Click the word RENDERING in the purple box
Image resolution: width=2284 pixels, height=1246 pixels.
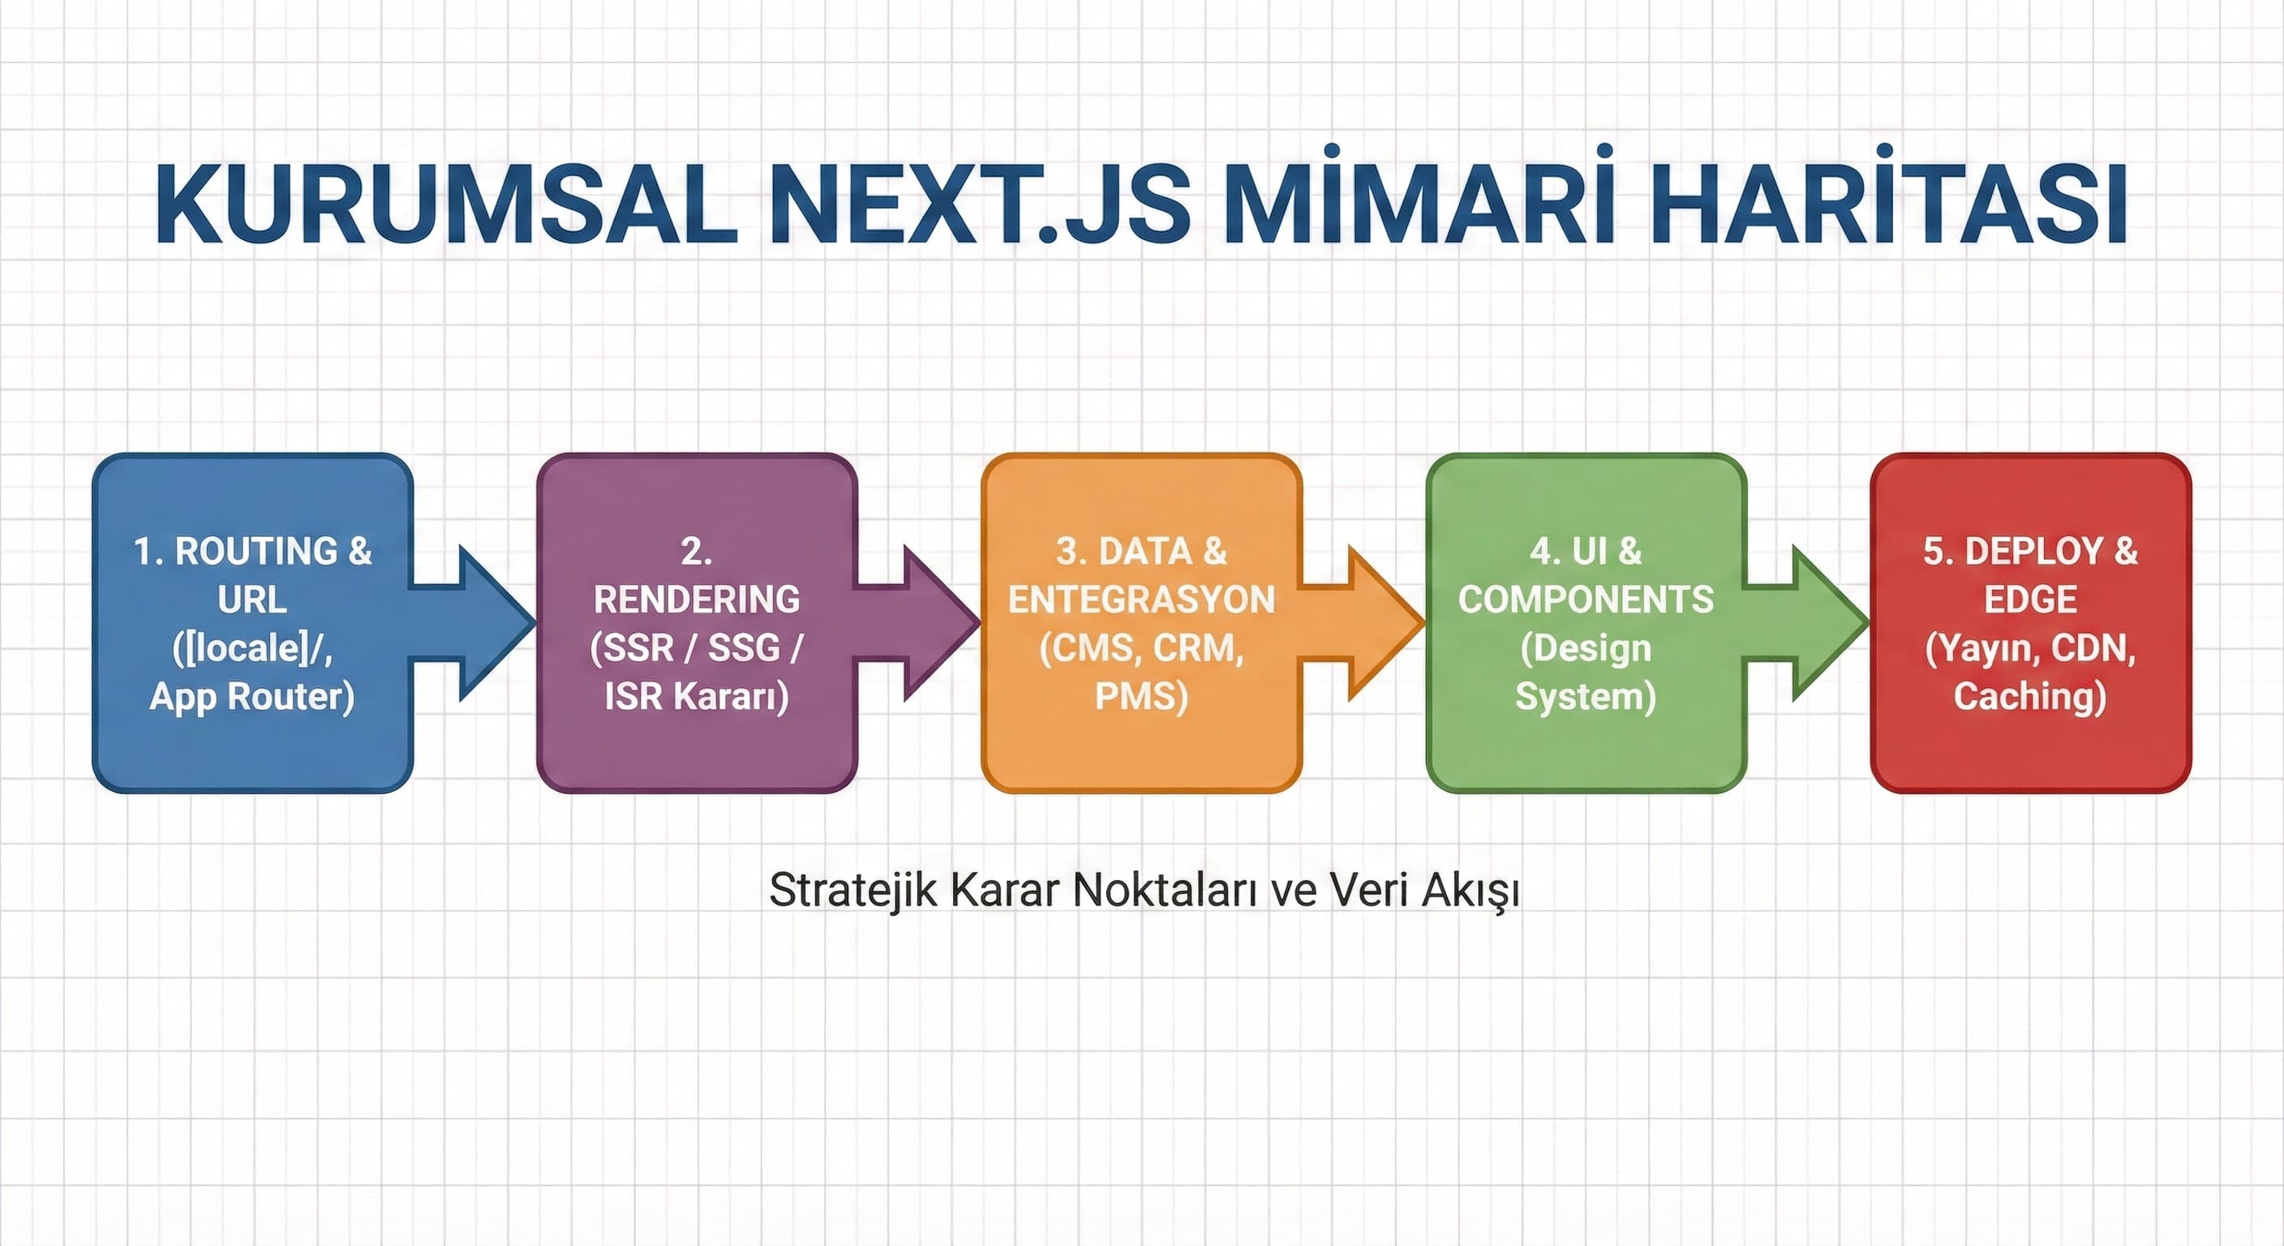coord(696,600)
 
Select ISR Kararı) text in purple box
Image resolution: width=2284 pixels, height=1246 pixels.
coord(696,696)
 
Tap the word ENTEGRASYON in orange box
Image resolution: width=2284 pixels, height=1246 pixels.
coord(1141,600)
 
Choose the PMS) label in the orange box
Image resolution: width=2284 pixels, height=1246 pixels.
coord(1141,696)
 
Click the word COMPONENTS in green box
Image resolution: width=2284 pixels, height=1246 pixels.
coord(1586,600)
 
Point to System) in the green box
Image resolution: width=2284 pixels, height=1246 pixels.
coord(1586,696)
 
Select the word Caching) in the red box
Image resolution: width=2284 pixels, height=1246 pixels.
coord(2030,696)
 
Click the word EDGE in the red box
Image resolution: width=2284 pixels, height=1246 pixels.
coord(2030,600)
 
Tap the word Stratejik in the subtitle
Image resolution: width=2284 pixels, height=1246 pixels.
coord(852,891)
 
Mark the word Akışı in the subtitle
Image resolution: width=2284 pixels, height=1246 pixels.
coord(1470,891)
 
